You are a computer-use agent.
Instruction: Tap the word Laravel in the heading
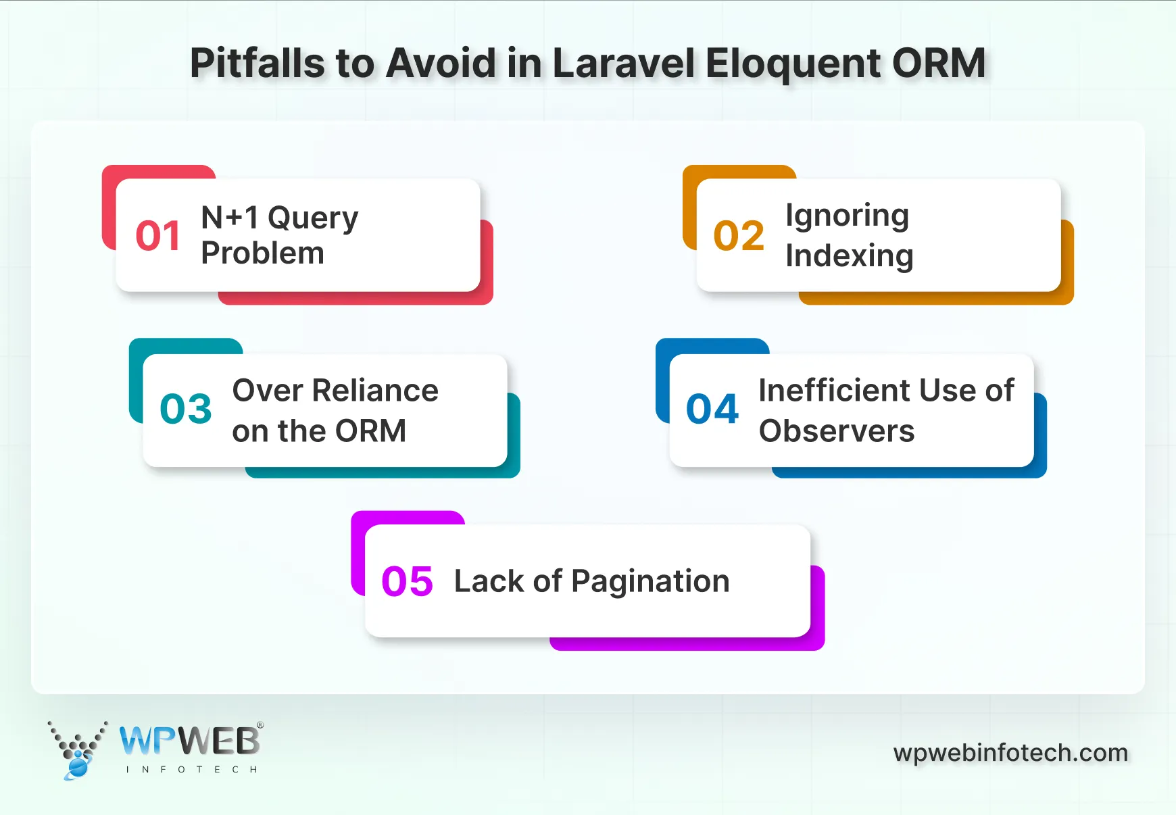623,64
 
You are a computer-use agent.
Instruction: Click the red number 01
158,236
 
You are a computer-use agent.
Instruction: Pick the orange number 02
739,236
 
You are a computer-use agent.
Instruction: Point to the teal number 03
186,409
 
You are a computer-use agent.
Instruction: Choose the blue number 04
712,409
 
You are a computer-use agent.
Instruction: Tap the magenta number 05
407,581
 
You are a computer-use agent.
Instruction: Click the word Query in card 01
313,218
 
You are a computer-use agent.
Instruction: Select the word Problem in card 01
262,253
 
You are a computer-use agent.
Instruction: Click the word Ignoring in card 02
847,216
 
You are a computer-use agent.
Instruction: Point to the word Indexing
849,256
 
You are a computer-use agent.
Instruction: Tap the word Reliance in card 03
375,391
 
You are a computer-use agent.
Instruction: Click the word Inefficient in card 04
834,391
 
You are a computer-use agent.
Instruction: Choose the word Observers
836,431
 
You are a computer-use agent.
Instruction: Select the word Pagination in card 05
650,581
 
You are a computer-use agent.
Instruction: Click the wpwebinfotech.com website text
1010,753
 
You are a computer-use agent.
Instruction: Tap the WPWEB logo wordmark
190,741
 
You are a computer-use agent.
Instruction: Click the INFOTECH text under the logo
192,770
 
